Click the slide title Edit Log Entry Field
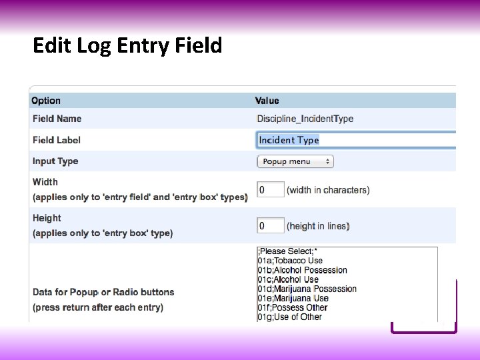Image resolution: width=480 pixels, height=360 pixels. [127, 46]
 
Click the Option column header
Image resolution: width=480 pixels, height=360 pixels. [46, 101]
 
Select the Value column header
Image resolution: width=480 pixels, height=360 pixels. [267, 101]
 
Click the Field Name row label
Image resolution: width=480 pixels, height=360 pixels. [57, 119]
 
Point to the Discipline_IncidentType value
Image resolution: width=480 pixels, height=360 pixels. [305, 119]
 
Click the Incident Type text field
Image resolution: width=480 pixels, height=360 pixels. [353, 140]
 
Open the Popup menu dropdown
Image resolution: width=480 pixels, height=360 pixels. [295, 161]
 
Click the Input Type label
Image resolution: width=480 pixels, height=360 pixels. [55, 161]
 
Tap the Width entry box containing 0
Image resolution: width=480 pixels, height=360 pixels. [270, 190]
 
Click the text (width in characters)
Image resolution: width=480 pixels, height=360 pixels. [328, 190]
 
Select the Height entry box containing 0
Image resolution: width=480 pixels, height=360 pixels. [270, 226]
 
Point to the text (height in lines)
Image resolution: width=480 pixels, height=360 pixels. [318, 226]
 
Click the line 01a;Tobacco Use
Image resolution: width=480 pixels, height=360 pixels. [290, 261]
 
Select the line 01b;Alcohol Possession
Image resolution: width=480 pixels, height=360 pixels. [302, 270]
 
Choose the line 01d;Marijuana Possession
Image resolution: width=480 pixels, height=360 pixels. [307, 289]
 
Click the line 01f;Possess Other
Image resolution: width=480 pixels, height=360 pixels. [292, 307]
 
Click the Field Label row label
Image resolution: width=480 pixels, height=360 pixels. [57, 140]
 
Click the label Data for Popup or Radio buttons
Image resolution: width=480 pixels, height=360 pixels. [103, 292]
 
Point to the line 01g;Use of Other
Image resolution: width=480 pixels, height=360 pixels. [289, 317]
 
